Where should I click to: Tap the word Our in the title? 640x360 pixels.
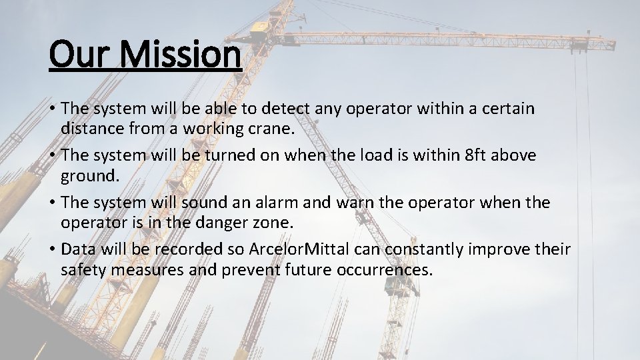click(76, 54)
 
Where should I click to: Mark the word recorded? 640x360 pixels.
click(189, 249)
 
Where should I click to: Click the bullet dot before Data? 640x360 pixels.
click(52, 249)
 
